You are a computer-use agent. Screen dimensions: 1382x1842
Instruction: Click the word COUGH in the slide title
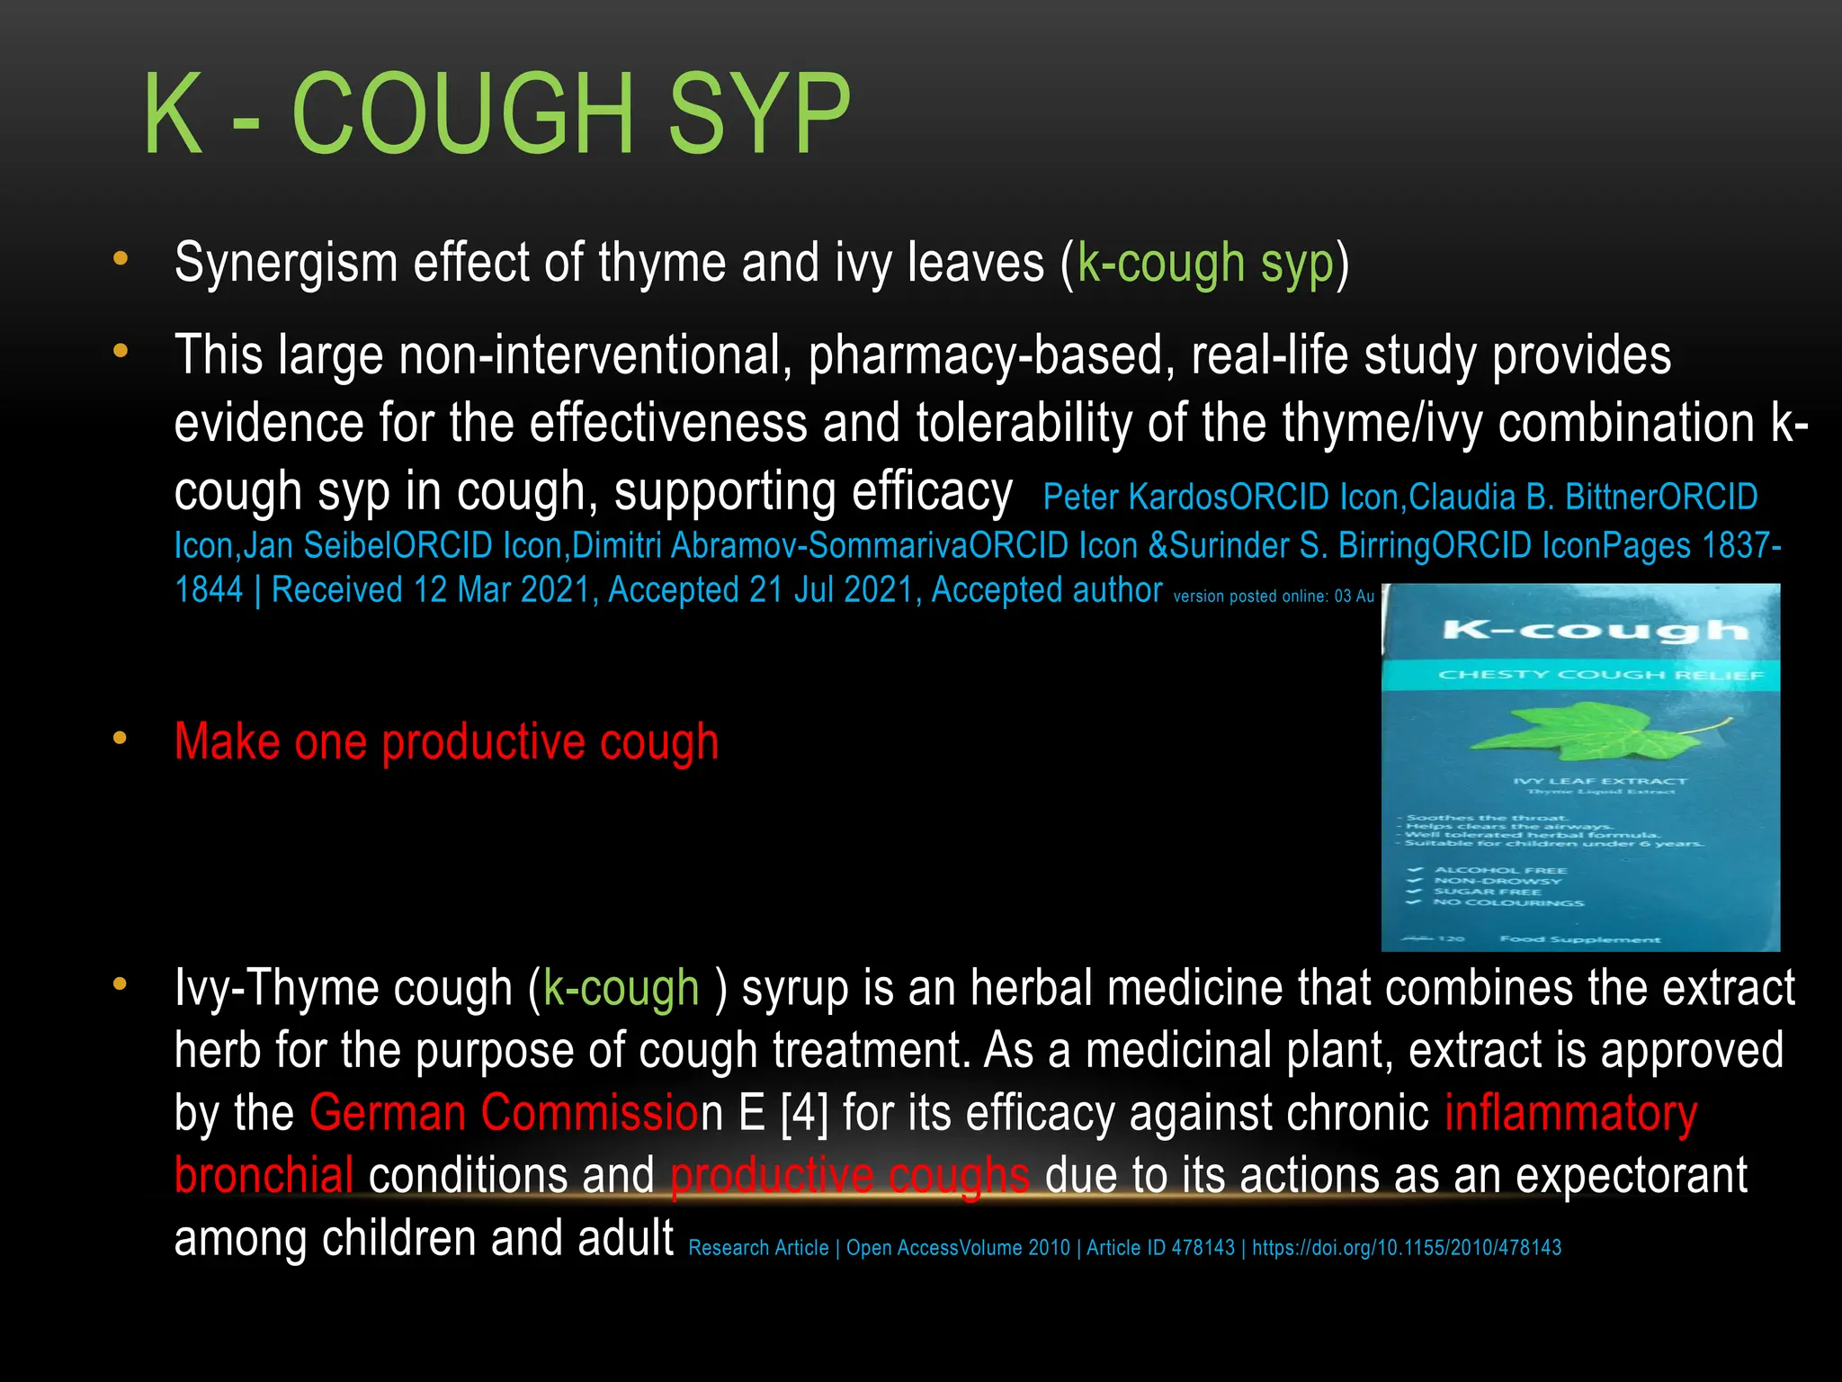tap(463, 114)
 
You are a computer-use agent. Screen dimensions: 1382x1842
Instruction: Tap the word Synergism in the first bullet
tap(286, 263)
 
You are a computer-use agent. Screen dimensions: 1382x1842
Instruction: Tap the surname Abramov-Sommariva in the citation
tap(816, 545)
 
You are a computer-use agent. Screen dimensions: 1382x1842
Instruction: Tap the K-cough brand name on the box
tap(1596, 631)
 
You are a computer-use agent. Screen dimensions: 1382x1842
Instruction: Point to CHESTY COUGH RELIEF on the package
tap(1601, 675)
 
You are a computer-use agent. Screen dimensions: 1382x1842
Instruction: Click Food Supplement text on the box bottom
tap(1579, 939)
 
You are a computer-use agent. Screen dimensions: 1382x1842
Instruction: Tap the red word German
tap(387, 1113)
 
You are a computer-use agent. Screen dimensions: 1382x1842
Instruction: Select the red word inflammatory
tap(1570, 1113)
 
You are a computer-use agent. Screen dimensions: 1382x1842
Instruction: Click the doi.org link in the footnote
tap(1407, 1248)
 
